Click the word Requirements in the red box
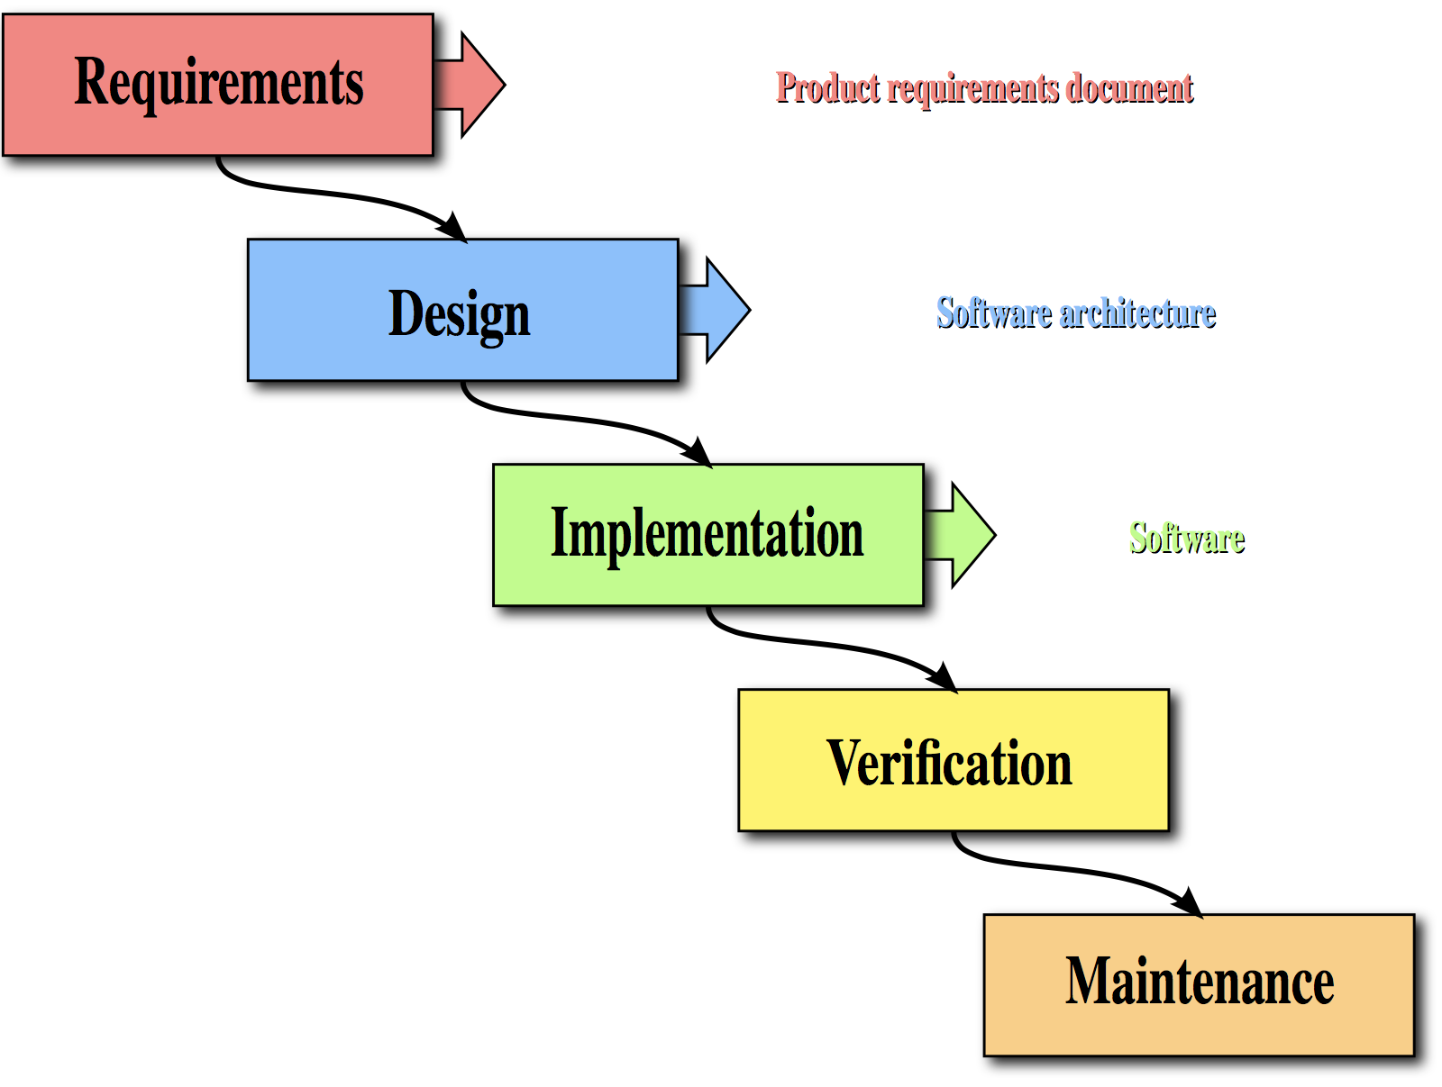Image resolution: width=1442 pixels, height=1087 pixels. (x=218, y=84)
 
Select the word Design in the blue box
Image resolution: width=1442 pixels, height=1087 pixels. (x=459, y=314)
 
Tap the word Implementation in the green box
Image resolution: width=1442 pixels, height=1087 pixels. (x=707, y=534)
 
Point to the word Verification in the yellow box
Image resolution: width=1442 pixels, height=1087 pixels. (x=949, y=763)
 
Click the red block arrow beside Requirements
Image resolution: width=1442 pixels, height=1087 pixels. (x=469, y=85)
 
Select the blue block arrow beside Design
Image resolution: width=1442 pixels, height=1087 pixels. (x=714, y=310)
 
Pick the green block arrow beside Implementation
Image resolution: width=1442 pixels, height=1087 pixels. (x=959, y=535)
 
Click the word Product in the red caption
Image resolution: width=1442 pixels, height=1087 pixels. (x=827, y=88)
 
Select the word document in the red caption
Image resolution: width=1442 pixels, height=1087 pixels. (x=1129, y=88)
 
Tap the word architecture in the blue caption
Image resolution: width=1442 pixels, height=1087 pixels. (x=1138, y=313)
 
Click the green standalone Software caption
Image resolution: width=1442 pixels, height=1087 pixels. (x=1186, y=539)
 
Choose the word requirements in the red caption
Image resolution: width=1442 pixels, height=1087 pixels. (x=973, y=89)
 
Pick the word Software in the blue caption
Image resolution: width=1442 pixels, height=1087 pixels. (x=994, y=313)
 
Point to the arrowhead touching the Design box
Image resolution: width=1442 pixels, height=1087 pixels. (x=452, y=228)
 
